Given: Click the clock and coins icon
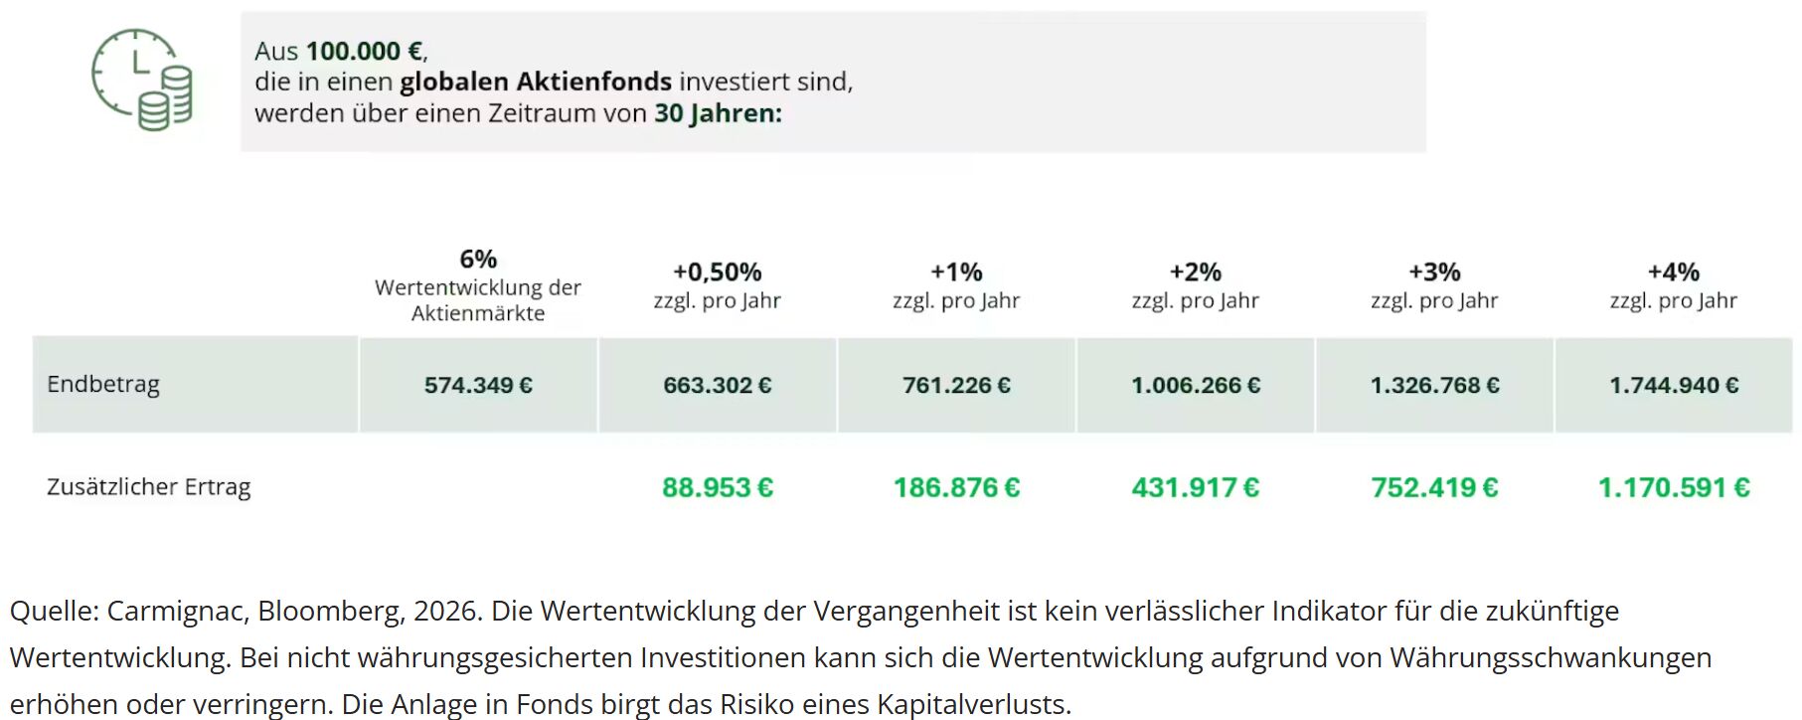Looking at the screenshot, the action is point(142,80).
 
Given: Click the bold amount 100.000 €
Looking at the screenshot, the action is point(365,51).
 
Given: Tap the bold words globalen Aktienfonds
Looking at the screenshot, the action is point(536,82).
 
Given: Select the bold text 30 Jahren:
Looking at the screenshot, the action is point(718,113).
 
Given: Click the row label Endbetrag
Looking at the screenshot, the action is point(103,385).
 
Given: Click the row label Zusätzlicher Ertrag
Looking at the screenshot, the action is point(149,487).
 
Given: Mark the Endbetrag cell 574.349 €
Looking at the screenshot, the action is point(478,386).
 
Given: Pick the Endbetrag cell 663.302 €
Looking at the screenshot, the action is point(718,386).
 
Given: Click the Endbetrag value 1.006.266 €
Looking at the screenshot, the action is point(1196,386).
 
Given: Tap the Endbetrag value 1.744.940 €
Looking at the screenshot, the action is point(1674,386).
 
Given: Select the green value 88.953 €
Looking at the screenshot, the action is point(718,488).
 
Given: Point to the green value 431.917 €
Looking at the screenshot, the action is point(1196,488).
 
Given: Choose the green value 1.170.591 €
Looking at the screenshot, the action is point(1674,488).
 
